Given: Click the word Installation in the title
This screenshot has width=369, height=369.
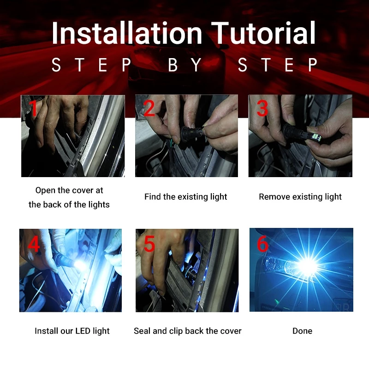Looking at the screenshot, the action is tap(127, 33).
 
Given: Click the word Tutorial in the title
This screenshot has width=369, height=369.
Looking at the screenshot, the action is tap(263, 33).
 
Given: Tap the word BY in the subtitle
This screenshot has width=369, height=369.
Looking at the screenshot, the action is tap(185, 65).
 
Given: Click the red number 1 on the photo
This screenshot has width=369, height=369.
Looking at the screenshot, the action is tap(34, 108).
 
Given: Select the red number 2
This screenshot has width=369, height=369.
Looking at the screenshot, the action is tap(149, 108).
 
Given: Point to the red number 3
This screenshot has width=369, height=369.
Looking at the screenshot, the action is tap(262, 108).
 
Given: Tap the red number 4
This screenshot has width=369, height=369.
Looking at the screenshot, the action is tap(34, 244).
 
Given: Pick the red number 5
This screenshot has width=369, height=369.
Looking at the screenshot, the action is tap(149, 244).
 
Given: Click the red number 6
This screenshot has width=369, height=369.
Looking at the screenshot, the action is tap(262, 244).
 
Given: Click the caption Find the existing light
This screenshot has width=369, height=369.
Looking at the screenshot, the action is tap(186, 197).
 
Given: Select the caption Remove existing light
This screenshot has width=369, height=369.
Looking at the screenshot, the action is tap(300, 197).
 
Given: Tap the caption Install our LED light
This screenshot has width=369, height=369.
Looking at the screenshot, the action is tap(72, 331).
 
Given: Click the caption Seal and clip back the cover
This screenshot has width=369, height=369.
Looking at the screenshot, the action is tap(188, 331).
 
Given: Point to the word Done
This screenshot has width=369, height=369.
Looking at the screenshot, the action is tap(302, 331).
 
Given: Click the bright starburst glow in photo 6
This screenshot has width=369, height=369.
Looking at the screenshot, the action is tap(307, 266).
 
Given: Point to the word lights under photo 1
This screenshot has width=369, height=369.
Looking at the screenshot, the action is tap(99, 204).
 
